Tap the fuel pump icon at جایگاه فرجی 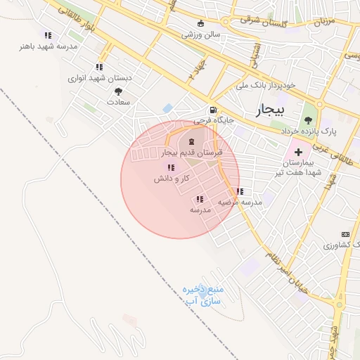coord(212,110)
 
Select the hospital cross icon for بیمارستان coord(298,152)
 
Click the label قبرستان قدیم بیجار coord(192,152)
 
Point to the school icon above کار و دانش coord(171,167)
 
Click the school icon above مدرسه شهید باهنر coord(48,35)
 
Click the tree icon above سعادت coord(117,91)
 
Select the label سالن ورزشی coord(201,34)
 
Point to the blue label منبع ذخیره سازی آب coord(203,295)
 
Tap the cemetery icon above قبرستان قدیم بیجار coord(192,142)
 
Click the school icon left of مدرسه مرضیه coord(240,191)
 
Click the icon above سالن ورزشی coord(201,23)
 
